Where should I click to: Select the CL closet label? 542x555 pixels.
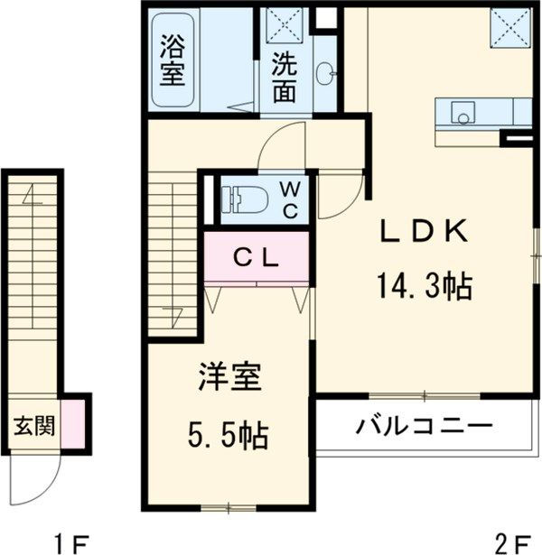tap(257, 255)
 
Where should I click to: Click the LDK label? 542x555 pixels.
tap(423, 232)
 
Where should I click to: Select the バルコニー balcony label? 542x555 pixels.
tap(423, 424)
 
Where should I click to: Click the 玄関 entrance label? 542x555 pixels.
tap(33, 424)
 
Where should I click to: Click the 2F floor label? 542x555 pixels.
tap(512, 542)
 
